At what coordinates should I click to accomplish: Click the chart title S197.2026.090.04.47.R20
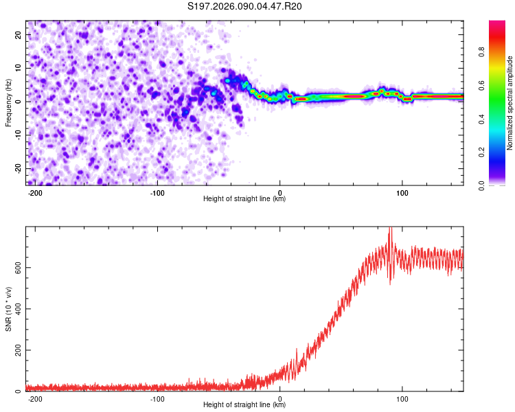pos(245,6)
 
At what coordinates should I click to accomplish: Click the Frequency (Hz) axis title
pos(9,103)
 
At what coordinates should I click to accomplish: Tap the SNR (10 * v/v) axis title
pos(9,309)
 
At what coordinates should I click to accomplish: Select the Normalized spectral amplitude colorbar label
pos(510,103)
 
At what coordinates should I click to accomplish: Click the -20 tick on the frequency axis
pos(18,168)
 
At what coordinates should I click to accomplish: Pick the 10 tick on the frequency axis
pos(19,68)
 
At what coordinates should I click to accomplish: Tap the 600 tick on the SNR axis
pos(17,267)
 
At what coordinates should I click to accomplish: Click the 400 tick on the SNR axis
pos(17,308)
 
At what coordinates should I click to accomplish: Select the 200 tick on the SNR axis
pos(17,350)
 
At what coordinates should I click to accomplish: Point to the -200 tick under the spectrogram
pos(35,192)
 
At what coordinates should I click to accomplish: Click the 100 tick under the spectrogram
pos(402,192)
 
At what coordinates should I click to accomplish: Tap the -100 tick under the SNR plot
pos(157,398)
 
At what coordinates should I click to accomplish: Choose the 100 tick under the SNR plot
pos(402,398)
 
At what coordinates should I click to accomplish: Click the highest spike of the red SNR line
pos(390,229)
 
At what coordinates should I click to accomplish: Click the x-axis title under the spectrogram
pos(244,199)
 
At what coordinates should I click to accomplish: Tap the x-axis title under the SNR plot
pos(244,405)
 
